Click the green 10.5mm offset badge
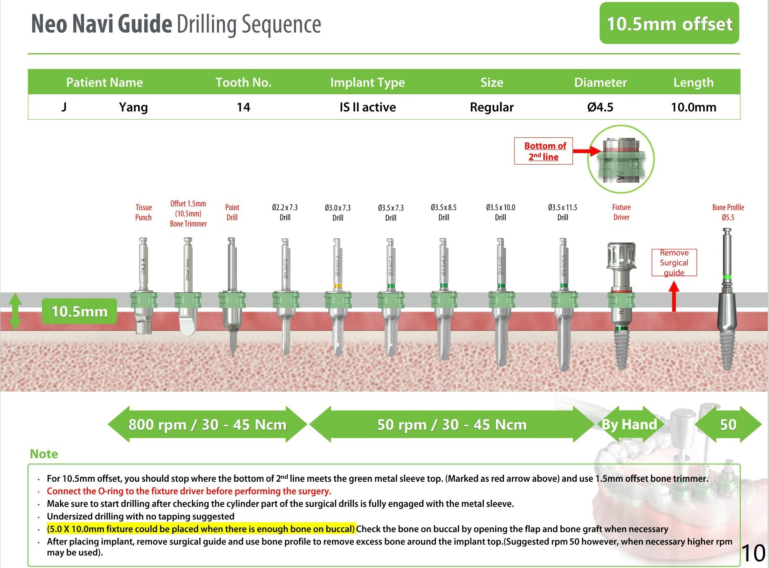point(669,23)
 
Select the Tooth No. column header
point(243,82)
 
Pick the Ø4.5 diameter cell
point(600,107)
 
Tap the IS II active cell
point(367,107)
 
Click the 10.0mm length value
point(693,107)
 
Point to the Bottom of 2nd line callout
point(543,151)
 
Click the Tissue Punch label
point(143,212)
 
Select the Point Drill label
point(232,212)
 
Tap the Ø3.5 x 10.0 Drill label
point(501,212)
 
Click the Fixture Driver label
point(621,212)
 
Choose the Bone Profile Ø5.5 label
point(728,212)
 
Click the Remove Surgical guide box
point(674,263)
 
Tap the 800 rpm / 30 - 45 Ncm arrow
point(207,424)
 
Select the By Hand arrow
point(629,424)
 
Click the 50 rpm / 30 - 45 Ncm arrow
point(452,424)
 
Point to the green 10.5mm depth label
point(79,311)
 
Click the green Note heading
point(44,454)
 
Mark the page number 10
point(754,553)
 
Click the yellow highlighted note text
point(201,529)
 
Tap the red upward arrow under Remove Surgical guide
point(674,297)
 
